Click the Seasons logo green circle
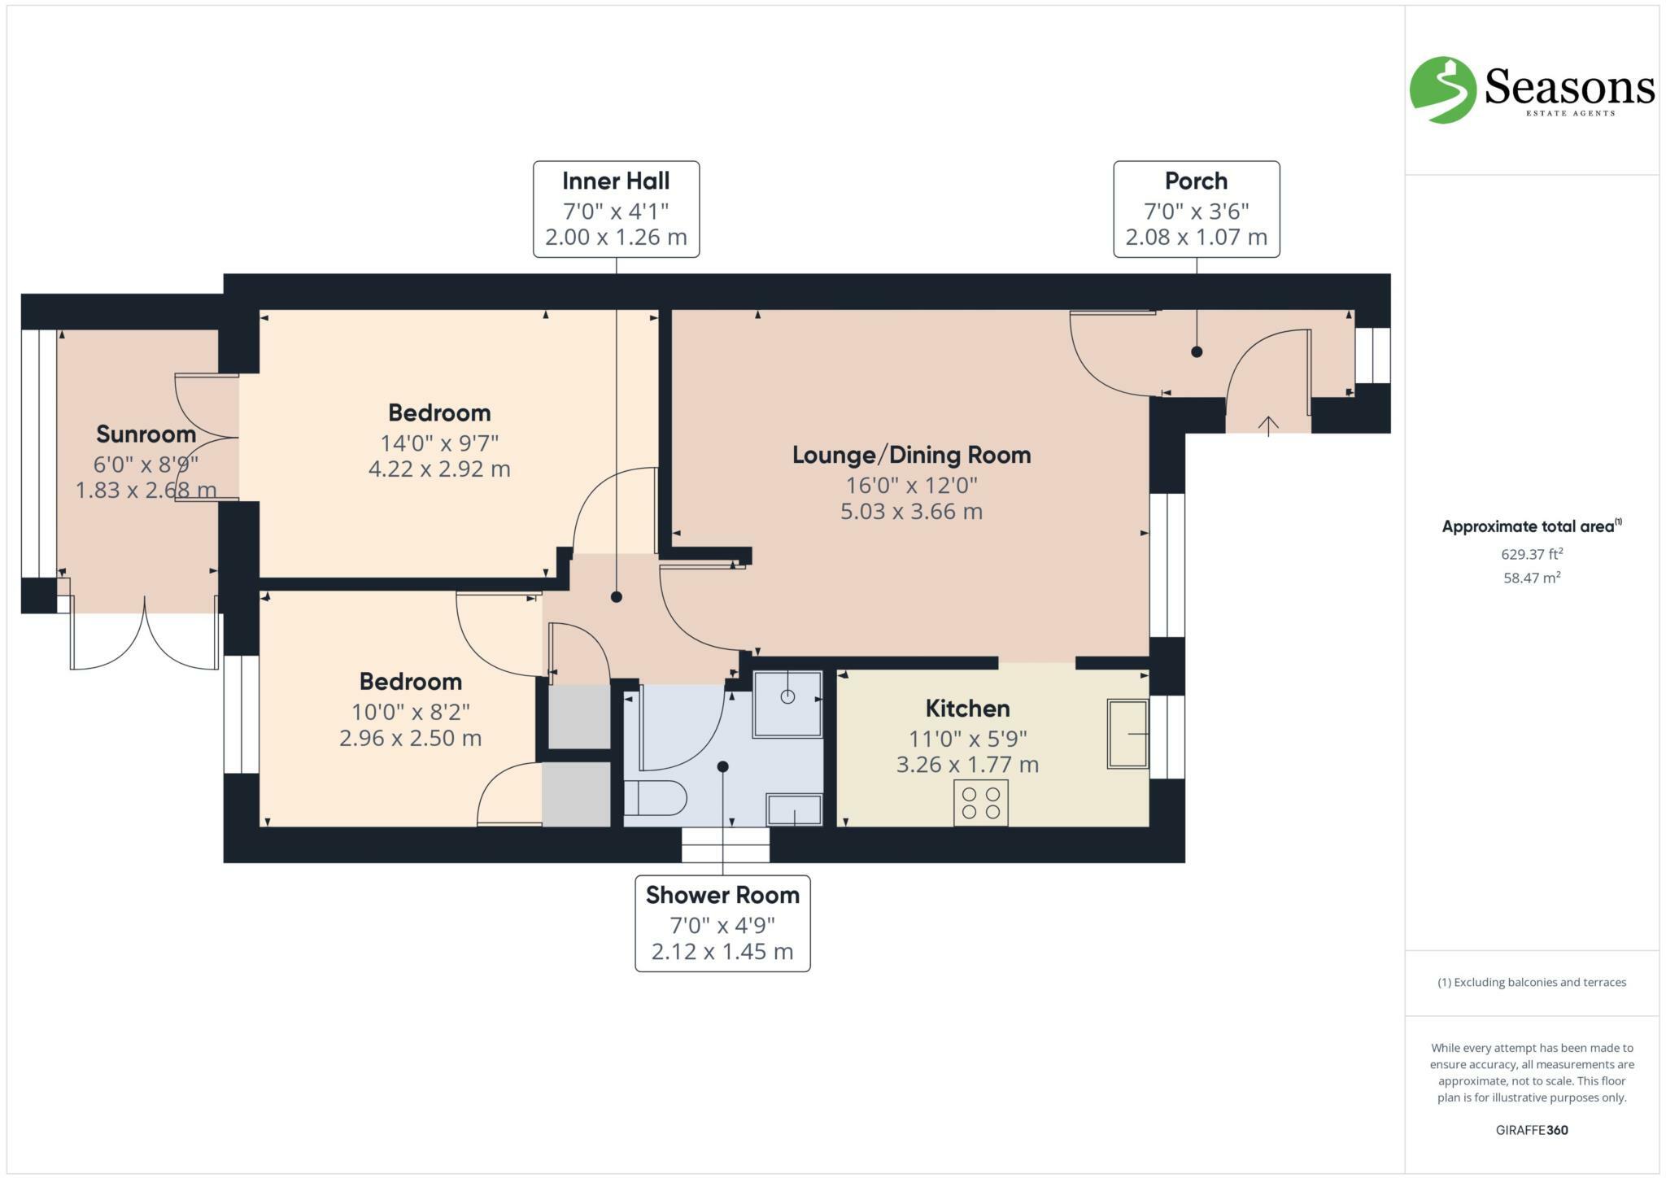1442,90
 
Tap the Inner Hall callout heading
616,181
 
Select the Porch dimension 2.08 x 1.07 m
1196,238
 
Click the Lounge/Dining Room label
911,455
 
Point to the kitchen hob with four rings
980,802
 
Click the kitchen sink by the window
1127,734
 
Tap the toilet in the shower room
656,798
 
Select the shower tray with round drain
787,703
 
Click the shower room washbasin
794,809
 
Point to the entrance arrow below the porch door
1268,425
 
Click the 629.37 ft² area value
1531,555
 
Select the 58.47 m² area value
1531,578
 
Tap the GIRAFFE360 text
1531,1130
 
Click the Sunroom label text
146,434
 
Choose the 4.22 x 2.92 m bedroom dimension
439,469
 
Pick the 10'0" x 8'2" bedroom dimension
410,712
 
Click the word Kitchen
967,709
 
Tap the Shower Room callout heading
722,895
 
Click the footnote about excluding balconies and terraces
1531,982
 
